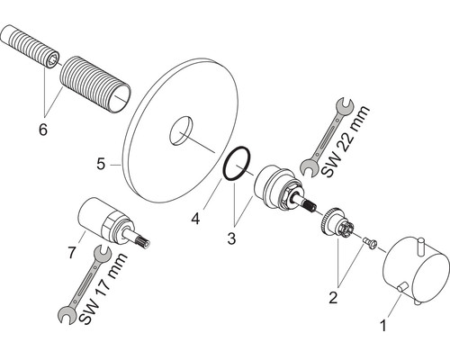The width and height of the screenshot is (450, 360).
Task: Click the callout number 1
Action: (383, 326)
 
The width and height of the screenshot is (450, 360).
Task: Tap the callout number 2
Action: (333, 297)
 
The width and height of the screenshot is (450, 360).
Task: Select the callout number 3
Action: (231, 239)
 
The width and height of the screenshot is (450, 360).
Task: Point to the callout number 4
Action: (195, 219)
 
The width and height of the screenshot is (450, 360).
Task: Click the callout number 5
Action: (101, 164)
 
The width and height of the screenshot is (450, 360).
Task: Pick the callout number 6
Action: (43, 130)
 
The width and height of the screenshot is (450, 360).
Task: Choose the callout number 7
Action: (72, 253)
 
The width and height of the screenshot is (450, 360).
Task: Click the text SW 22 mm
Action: (346, 141)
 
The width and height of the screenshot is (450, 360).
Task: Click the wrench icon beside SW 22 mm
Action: (326, 137)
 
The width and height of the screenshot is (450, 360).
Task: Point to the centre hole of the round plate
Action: (181, 131)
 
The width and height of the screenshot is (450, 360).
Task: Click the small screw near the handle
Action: (370, 242)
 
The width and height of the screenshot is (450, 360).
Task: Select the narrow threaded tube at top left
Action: (31, 47)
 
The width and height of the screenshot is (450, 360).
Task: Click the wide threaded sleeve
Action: (95, 85)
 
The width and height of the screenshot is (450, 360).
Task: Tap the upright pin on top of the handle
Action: (422, 247)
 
